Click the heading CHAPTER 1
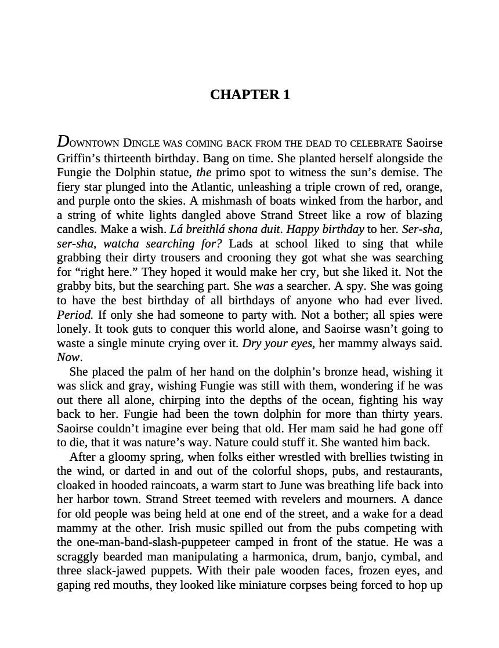pyautogui.click(x=249, y=95)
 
